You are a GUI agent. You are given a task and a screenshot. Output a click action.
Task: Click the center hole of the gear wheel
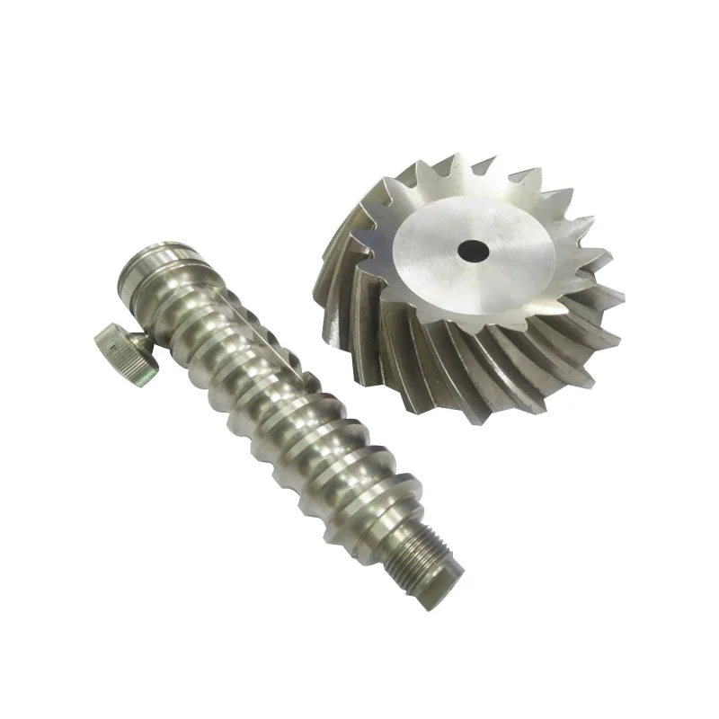[x=471, y=249]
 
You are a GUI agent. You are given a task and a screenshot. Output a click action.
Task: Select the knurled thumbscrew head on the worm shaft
[x=122, y=347]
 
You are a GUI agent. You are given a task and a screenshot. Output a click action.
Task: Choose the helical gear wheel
[x=467, y=279]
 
